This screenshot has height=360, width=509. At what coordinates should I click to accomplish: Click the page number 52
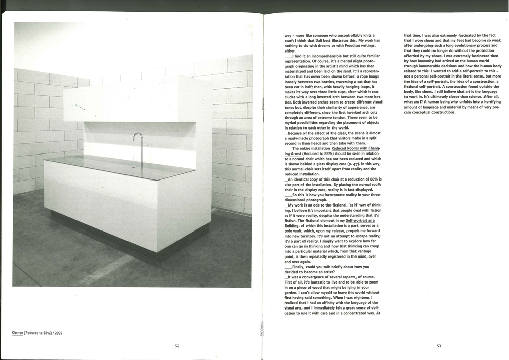(x=177, y=346)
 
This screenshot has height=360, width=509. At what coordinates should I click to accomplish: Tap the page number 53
(x=439, y=346)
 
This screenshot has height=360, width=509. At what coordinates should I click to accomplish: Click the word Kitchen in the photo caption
(x=18, y=333)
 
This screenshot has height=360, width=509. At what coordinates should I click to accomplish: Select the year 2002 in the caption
(x=57, y=333)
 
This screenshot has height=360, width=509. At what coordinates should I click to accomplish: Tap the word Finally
(x=300, y=266)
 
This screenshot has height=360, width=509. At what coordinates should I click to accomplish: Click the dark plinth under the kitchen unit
(x=128, y=244)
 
